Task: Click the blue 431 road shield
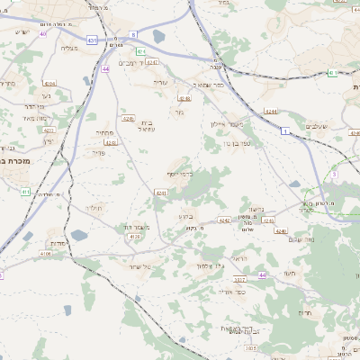92,40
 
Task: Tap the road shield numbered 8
132,33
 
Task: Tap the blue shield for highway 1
285,131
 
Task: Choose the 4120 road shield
134,235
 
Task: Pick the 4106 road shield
46,255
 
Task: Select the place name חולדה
94,207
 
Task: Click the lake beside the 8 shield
159,37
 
